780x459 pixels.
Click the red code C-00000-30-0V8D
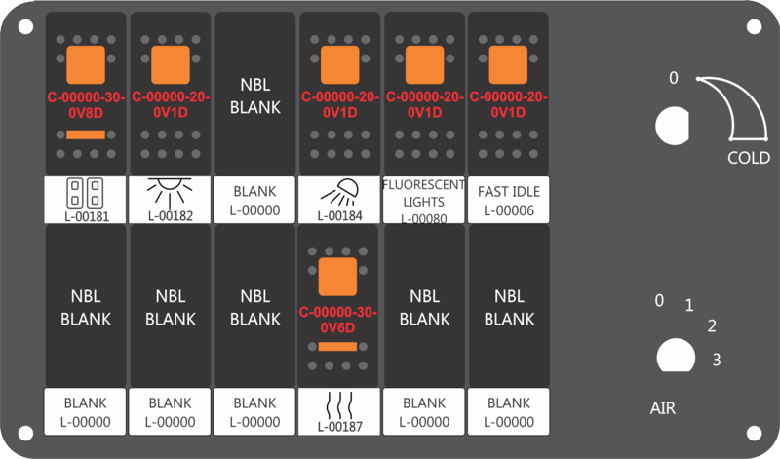86,105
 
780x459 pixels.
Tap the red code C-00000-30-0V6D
337,320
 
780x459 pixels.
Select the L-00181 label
87,216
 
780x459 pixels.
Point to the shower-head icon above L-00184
339,192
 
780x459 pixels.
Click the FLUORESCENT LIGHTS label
424,193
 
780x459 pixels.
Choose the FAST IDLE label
508,191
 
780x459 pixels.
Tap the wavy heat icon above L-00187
339,404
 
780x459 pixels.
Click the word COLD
749,158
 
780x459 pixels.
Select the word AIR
663,408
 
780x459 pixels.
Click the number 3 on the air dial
717,360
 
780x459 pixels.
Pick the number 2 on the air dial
712,325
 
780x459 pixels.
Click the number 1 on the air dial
689,305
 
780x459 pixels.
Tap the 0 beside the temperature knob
673,78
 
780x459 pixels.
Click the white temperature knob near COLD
673,126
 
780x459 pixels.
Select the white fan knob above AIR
676,356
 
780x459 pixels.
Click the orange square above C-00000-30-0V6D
337,277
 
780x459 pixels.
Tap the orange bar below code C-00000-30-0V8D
86,134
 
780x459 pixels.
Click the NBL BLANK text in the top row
255,96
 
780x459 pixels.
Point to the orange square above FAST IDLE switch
508,65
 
